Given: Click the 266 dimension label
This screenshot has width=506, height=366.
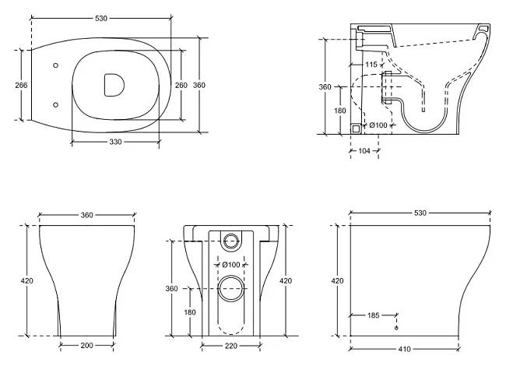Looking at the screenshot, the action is click(21, 85).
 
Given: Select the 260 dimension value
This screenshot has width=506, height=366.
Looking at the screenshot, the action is click(181, 85).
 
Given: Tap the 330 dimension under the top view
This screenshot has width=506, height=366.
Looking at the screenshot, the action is click(115, 142).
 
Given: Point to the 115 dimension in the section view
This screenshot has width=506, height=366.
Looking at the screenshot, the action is click(371, 65).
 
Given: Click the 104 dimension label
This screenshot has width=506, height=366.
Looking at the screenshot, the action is click(364, 150).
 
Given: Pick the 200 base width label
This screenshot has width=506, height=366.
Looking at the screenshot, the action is click(87, 345).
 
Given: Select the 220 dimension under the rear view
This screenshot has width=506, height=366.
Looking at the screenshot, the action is click(231, 346).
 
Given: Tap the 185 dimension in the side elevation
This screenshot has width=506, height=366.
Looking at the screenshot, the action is click(373, 315).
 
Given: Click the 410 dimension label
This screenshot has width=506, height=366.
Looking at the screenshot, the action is click(404, 349).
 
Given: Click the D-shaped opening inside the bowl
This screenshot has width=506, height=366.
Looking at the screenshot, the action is click(114, 85).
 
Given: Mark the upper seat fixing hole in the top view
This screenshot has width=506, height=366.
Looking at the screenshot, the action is click(55, 65).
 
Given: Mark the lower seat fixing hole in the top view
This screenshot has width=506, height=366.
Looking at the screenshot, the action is click(55, 105).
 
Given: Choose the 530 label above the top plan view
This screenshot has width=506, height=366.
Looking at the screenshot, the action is click(101, 19).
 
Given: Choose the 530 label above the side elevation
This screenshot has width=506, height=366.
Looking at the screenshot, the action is click(420, 213).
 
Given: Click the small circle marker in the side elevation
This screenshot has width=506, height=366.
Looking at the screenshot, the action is click(396, 328).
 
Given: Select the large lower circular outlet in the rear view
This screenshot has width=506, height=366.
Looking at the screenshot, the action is click(231, 288).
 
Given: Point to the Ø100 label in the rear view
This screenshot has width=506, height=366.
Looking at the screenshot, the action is click(231, 265).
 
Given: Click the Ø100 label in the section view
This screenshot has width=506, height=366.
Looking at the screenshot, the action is click(378, 125).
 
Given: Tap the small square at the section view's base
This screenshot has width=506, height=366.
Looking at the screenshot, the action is click(356, 128).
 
